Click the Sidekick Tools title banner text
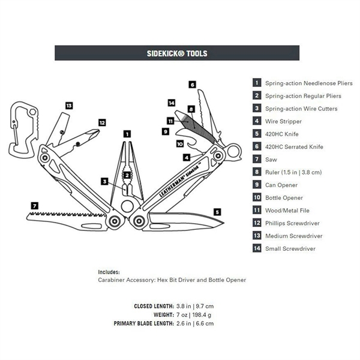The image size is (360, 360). pyautogui.click(x=177, y=53)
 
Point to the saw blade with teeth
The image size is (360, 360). pyautogui.click(x=66, y=217)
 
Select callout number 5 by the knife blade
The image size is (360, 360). pyautogui.click(x=217, y=211)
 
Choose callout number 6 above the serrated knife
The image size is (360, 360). pyautogui.click(x=192, y=85)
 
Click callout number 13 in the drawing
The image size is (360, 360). pyautogui.click(x=69, y=106)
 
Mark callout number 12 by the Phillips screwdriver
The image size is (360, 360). pyautogui.click(x=102, y=122)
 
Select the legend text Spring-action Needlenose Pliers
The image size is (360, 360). pyautogui.click(x=308, y=83)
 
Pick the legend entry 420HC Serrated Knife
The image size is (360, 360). pyautogui.click(x=294, y=146)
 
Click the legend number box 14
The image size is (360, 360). pyautogui.click(x=257, y=248)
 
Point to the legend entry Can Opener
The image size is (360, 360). pyautogui.click(x=280, y=185)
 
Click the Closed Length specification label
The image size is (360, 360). pyautogui.click(x=154, y=306)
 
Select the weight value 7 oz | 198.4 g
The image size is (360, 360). pyautogui.click(x=194, y=315)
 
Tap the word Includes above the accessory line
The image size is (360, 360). pyautogui.click(x=109, y=272)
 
